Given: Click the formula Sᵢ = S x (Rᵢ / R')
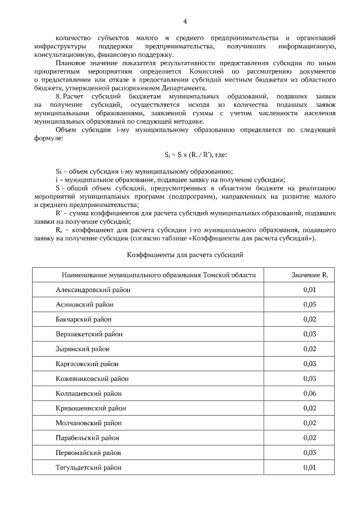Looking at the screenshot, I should [184, 154].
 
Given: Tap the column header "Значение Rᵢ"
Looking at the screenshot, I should [309, 275].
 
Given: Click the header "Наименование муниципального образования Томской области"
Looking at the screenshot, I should [159, 275].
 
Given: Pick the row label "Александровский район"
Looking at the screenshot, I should [93, 290].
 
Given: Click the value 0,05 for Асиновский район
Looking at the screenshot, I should [309, 304].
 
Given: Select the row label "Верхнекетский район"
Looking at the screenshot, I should [89, 334].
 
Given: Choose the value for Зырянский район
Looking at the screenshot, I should [309, 349].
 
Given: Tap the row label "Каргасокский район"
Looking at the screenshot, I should [87, 364].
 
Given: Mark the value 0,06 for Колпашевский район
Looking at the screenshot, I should [309, 393].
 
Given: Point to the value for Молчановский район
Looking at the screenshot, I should [309, 423].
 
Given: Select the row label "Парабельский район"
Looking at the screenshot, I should [88, 438].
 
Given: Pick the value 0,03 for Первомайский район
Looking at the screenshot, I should [309, 452].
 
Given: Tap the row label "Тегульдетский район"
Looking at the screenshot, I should [89, 467].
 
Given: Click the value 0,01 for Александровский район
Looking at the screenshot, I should [309, 290].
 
